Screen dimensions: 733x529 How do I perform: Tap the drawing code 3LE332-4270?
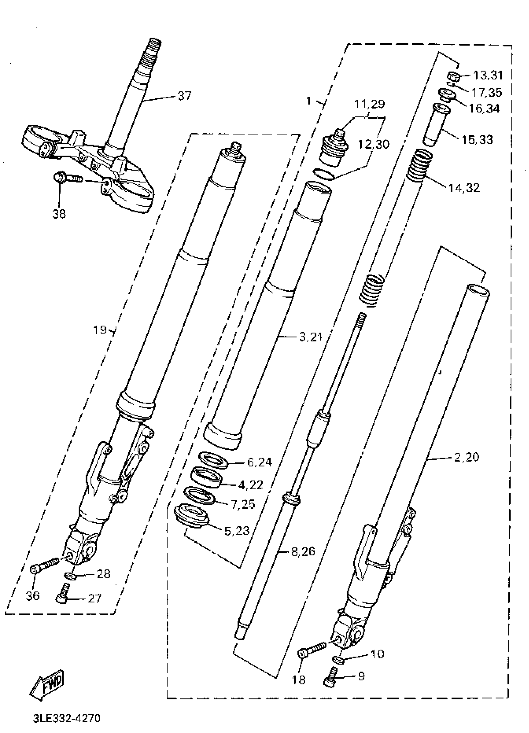point(67,718)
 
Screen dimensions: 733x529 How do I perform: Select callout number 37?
point(185,96)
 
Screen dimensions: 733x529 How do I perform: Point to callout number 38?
point(59,213)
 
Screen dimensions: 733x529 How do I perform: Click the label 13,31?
point(488,75)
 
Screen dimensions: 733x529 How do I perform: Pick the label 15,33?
point(477,140)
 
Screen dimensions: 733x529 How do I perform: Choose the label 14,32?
point(464,188)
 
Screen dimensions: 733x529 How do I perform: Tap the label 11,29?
point(370,104)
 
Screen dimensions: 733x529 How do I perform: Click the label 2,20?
point(466,457)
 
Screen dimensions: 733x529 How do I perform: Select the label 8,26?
point(303,551)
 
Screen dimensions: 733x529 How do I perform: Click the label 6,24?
point(260,462)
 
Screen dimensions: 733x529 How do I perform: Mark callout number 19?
point(100,330)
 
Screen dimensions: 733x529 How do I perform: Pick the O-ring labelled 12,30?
point(323,175)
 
